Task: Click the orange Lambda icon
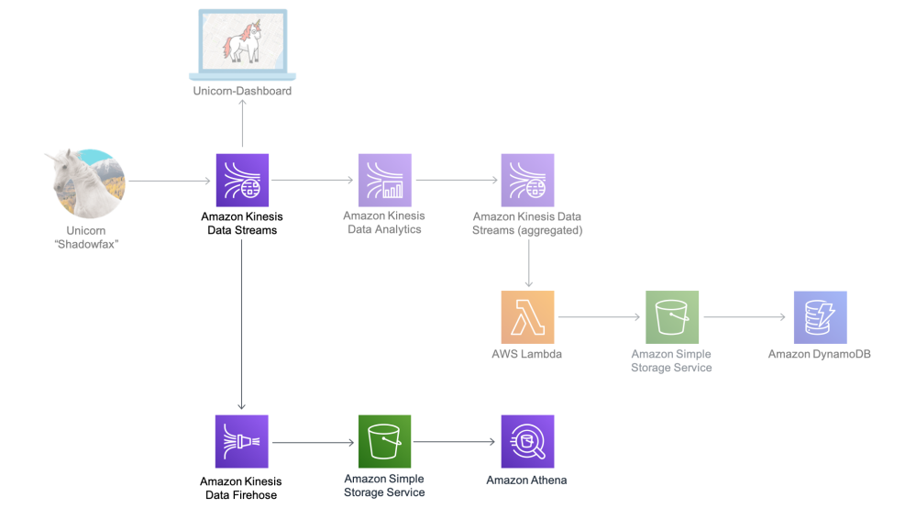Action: pyautogui.click(x=527, y=317)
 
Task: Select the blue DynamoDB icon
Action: pyautogui.click(x=820, y=317)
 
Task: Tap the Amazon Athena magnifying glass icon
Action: pyautogui.click(x=527, y=441)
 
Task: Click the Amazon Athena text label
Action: pyautogui.click(x=526, y=480)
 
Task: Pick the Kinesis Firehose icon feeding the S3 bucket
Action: pyautogui.click(x=241, y=441)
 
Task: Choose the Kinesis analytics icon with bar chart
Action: pyautogui.click(x=384, y=180)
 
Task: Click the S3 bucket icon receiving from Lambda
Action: pyautogui.click(x=672, y=317)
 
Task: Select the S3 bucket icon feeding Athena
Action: pyautogui.click(x=384, y=441)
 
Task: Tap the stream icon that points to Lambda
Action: pyautogui.click(x=527, y=180)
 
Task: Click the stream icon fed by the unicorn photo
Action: pyautogui.click(x=242, y=180)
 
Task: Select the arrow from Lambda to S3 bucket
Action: pyautogui.click(x=599, y=317)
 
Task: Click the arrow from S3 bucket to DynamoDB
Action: pyautogui.click(x=745, y=317)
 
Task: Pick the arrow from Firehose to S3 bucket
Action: pyautogui.click(x=313, y=443)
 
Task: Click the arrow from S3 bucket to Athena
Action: pyautogui.click(x=455, y=443)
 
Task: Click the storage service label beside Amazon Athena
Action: pyautogui.click(x=384, y=485)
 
